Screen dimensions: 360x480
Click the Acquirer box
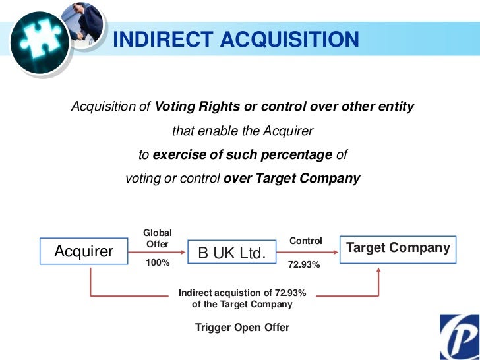pyautogui.click(x=84, y=251)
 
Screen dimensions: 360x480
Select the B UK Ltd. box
pyautogui.click(x=227, y=253)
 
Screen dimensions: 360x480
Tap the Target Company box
pyautogui.click(x=398, y=249)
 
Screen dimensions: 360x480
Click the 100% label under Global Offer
pyautogui.click(x=158, y=262)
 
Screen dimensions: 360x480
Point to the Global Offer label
pyautogui.click(x=158, y=238)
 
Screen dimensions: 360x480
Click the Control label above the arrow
pyautogui.click(x=306, y=241)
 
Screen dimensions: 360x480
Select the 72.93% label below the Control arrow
pyautogui.click(x=304, y=265)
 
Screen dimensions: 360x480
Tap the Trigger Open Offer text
pyautogui.click(x=242, y=327)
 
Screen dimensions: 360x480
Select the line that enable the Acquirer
pyautogui.click(x=243, y=131)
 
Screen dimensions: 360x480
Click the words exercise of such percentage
pyautogui.click(x=242, y=154)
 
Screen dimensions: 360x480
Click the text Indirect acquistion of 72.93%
pyautogui.click(x=242, y=293)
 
